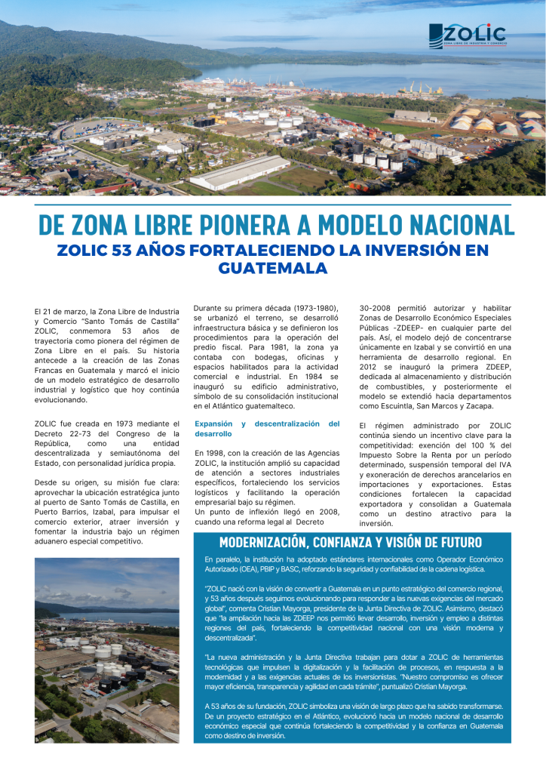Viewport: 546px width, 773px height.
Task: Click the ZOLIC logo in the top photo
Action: click(467, 35)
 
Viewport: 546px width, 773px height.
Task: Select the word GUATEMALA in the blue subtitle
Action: click(272, 268)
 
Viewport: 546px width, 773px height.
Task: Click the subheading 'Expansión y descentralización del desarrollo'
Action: click(267, 429)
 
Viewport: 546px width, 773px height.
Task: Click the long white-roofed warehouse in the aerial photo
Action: click(240, 173)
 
